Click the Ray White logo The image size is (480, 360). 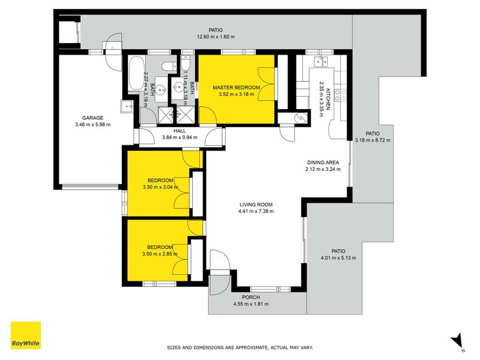point(26,335)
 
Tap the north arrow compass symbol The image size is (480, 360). point(457,341)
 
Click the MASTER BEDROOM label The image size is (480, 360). point(236,88)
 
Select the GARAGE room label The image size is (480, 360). point(93,118)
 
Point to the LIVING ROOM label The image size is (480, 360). point(256,205)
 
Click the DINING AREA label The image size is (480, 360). point(323,163)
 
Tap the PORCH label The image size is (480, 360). point(251,297)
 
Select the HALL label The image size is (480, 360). point(179,131)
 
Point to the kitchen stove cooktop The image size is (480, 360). point(340,95)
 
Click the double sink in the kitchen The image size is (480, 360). point(321,62)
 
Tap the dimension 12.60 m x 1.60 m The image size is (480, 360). point(216,37)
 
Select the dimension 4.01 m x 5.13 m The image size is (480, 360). point(338,258)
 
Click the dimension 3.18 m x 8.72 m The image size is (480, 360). point(373,140)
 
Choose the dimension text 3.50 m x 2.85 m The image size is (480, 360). point(160,254)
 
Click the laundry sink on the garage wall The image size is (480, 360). point(127,107)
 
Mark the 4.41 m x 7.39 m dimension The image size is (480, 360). point(256,211)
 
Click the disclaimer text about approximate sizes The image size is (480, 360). point(240,347)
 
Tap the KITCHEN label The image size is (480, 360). point(328,99)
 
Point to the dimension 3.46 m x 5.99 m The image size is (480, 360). point(93,125)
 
